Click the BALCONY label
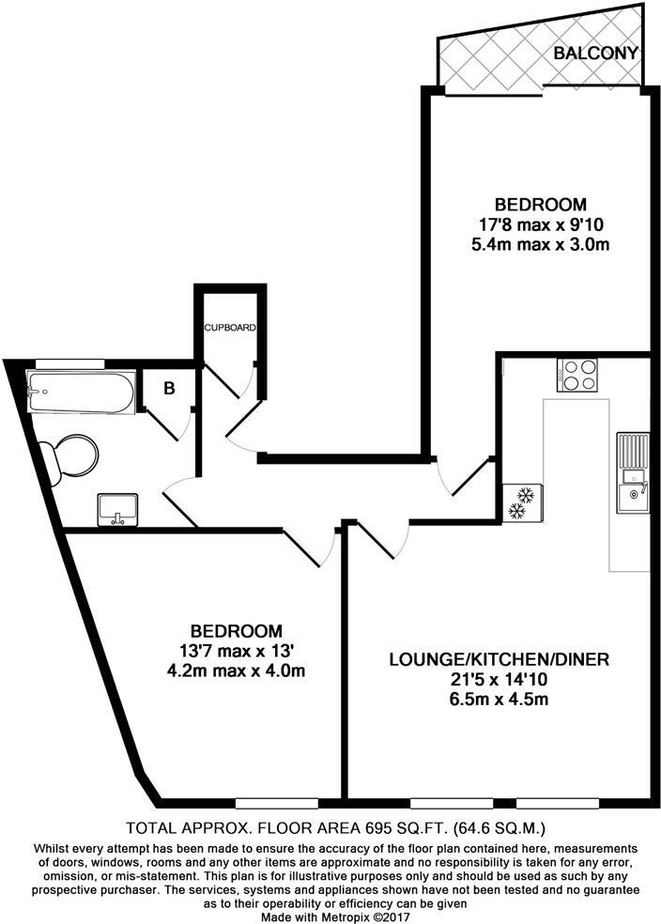pyautogui.click(x=596, y=53)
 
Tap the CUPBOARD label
pyautogui.click(x=231, y=327)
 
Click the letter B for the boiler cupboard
pyautogui.click(x=170, y=390)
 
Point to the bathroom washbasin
pyautogui.click(x=118, y=508)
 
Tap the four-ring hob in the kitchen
pyautogui.click(x=578, y=376)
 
